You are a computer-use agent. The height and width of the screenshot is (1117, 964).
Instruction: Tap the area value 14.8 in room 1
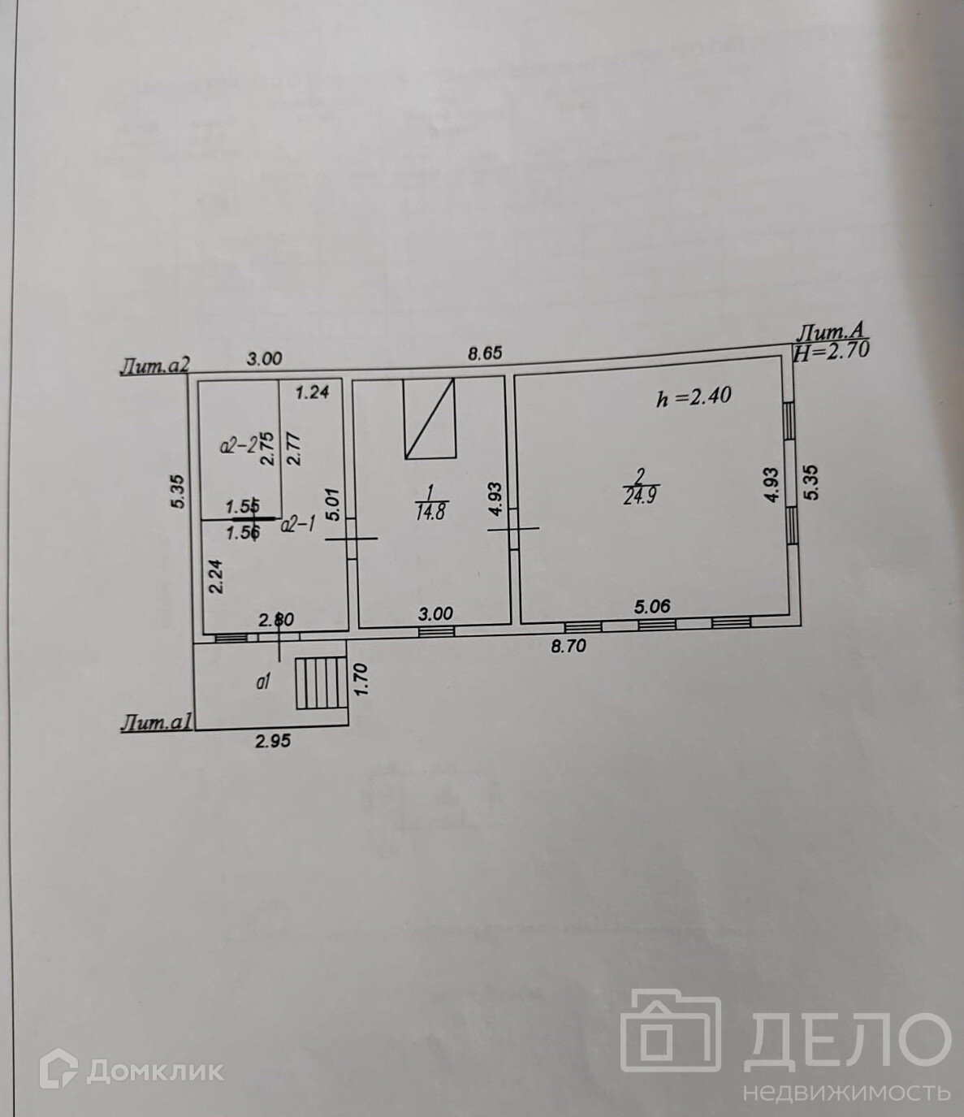pos(430,513)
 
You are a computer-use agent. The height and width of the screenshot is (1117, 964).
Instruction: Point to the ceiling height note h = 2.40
pos(694,396)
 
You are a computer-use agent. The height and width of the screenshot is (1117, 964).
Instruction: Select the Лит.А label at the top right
pos(833,331)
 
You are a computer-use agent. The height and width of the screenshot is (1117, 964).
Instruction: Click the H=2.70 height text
pos(833,351)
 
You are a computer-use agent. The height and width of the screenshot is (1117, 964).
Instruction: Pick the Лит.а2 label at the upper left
pos(154,367)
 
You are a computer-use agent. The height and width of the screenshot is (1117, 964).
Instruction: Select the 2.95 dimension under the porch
pos(273,740)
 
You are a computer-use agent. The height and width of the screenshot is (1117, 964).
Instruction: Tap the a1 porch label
pos(262,683)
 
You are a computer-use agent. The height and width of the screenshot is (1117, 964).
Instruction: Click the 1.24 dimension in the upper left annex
pos(312,393)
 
